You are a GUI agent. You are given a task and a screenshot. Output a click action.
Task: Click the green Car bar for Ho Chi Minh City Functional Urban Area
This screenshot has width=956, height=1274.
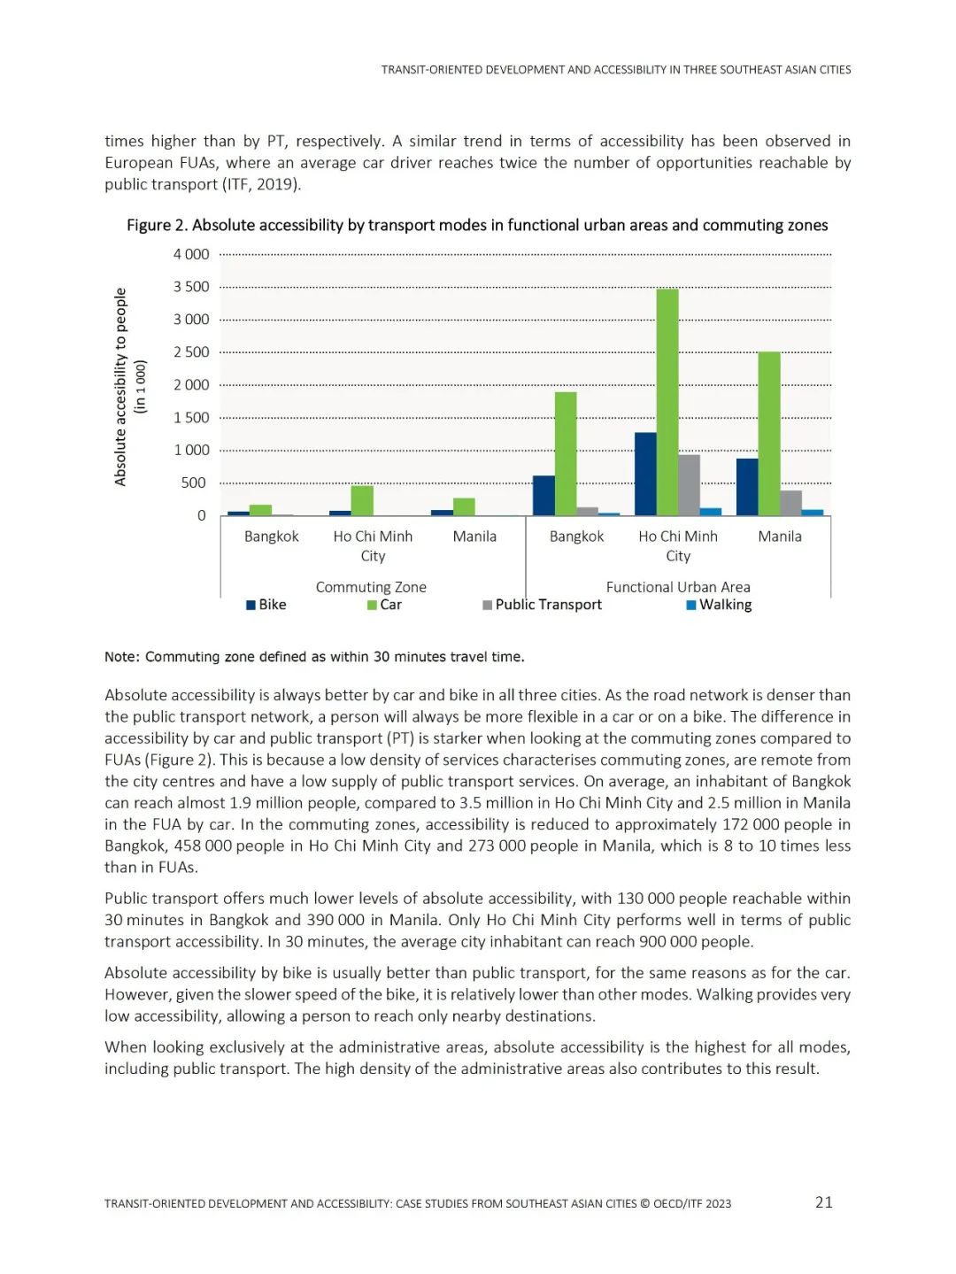[667, 403]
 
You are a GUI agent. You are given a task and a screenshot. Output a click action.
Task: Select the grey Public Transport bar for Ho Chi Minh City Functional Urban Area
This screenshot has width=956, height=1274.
[690, 485]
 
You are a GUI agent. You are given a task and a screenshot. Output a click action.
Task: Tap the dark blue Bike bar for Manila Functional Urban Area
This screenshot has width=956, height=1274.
[747, 487]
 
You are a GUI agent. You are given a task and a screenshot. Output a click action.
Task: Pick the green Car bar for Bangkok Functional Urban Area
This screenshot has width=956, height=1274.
[566, 453]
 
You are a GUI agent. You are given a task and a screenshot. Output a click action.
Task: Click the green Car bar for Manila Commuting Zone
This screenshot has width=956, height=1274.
[464, 506]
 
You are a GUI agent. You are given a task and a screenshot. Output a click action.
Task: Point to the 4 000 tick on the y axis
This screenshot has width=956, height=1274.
[191, 254]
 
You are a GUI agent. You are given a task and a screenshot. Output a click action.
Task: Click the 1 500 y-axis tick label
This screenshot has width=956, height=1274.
[191, 417]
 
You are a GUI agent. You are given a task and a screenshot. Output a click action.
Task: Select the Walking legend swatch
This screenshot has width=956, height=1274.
[691, 605]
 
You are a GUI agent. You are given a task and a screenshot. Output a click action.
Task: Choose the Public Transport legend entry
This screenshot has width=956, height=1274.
[542, 605]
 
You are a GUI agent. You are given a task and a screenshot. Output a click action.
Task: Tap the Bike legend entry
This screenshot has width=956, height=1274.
[266, 605]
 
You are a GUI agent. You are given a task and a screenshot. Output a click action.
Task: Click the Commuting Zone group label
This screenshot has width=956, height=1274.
[371, 587]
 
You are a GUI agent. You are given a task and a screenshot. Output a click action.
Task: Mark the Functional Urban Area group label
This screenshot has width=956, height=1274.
[678, 587]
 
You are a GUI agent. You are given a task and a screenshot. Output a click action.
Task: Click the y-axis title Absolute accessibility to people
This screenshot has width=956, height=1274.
[121, 387]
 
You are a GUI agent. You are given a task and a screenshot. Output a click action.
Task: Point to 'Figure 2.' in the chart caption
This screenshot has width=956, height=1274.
[157, 225]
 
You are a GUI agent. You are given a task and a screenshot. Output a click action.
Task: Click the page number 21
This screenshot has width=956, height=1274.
[823, 1201]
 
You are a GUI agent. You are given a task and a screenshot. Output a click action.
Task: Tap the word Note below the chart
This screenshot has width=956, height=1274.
[121, 657]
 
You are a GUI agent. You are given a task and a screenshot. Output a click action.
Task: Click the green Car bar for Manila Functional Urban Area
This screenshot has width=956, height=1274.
[769, 434]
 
